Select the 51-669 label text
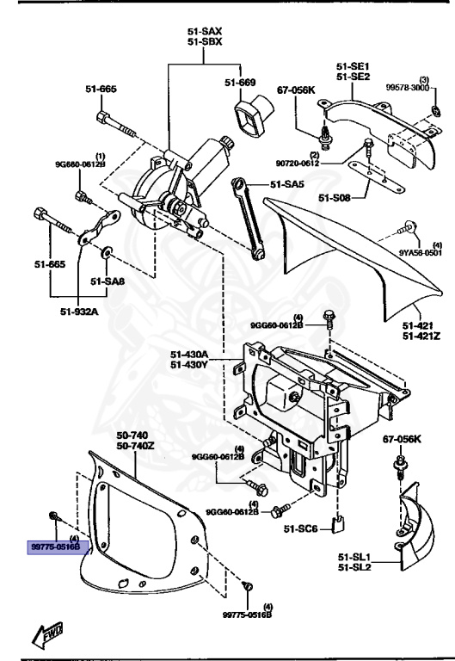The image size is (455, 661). pos(241,83)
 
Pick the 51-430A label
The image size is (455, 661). pos(189,353)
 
